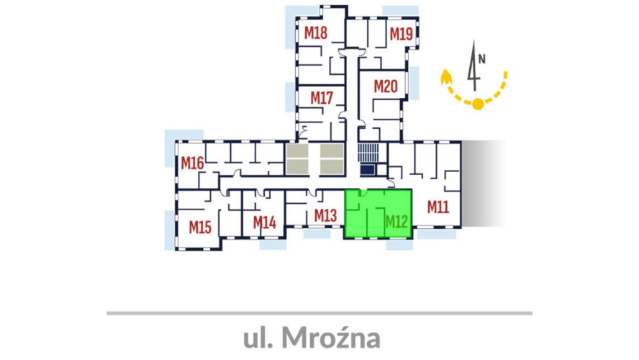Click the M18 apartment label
(x=316, y=32)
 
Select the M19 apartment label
(x=402, y=34)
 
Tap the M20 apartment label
(x=386, y=86)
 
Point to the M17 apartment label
(x=322, y=98)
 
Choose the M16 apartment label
(x=192, y=163)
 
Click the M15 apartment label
(x=200, y=227)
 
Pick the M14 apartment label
(x=265, y=222)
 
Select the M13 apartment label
(x=325, y=215)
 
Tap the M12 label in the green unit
(x=396, y=222)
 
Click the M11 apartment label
(x=438, y=207)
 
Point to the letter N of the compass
(x=482, y=59)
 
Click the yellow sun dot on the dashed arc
(x=478, y=104)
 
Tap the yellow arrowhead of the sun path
(x=446, y=76)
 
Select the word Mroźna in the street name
(x=331, y=338)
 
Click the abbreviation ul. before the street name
(x=258, y=338)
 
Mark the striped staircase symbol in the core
(x=368, y=153)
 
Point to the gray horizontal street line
(x=319, y=313)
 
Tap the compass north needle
(x=473, y=66)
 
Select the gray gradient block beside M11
(x=484, y=184)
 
